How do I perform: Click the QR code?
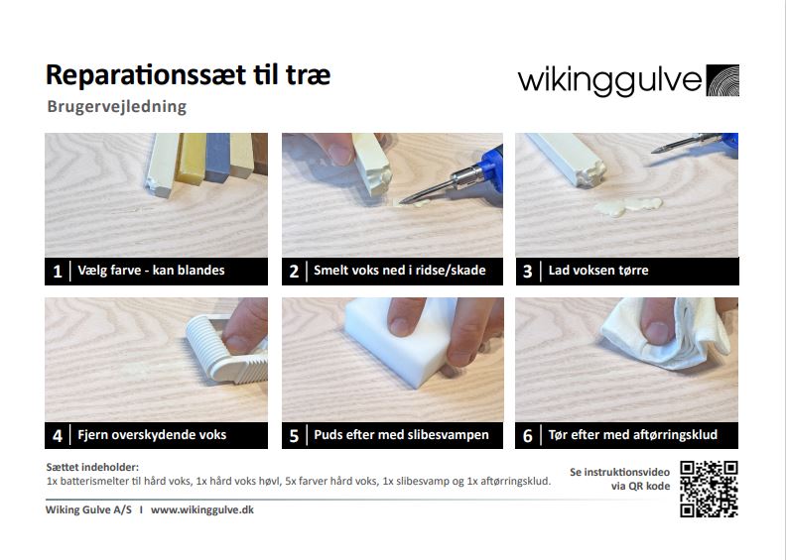point(709,489)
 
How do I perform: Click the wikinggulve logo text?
point(608,80)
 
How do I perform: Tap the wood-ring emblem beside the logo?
point(722,80)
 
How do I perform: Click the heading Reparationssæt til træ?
point(188,75)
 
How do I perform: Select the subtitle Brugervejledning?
point(116,106)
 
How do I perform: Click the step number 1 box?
point(58,271)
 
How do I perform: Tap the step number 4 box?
point(58,435)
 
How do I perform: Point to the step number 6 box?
point(528,435)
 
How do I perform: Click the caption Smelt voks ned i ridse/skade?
point(399,271)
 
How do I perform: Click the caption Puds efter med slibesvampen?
point(399,435)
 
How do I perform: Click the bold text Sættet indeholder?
point(92,467)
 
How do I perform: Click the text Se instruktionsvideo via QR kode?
point(620,479)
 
